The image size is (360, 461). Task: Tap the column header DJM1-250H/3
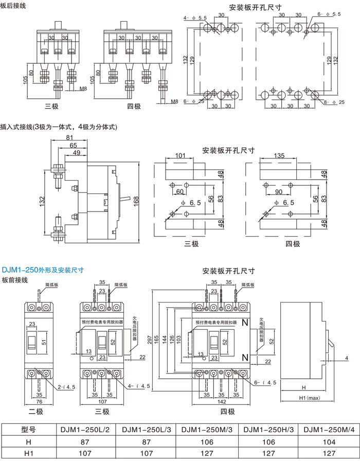click(268, 430)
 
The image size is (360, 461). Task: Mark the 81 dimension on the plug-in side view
click(69, 138)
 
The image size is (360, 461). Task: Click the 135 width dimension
click(279, 155)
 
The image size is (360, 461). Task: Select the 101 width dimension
click(180, 155)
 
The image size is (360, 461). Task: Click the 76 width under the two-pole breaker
click(39, 401)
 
